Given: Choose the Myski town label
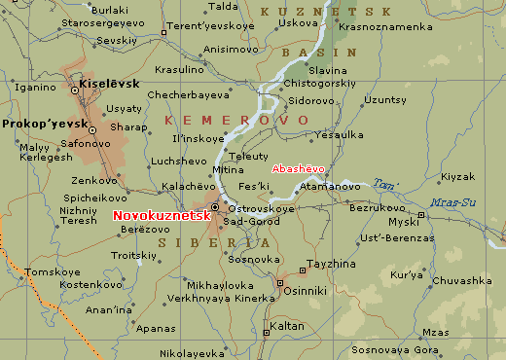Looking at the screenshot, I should coord(403,221).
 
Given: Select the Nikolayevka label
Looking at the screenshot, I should coord(192,353).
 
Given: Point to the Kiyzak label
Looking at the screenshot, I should coord(456,176).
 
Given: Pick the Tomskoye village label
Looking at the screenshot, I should coord(51,271).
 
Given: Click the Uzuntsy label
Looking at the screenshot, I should coord(386,99).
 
